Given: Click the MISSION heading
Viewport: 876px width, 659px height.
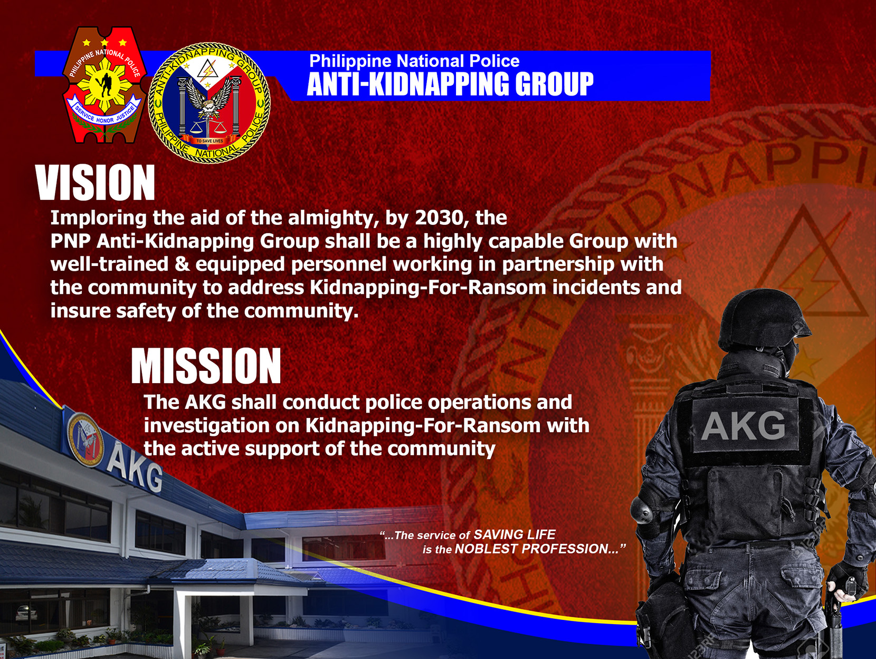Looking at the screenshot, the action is (x=206, y=366).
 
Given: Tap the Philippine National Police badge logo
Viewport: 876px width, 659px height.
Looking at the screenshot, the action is (x=104, y=84).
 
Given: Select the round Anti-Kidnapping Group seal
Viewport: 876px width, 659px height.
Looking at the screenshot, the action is (x=209, y=102).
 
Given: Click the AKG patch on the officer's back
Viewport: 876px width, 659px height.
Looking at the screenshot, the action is (x=743, y=426).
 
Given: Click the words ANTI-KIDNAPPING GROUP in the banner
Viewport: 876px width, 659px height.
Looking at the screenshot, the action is (x=450, y=84).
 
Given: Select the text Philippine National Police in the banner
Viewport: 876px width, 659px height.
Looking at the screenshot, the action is (x=414, y=61).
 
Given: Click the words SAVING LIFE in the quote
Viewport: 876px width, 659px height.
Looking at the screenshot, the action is (x=515, y=534).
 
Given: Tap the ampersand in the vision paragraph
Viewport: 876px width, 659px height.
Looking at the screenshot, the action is (x=182, y=264).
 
